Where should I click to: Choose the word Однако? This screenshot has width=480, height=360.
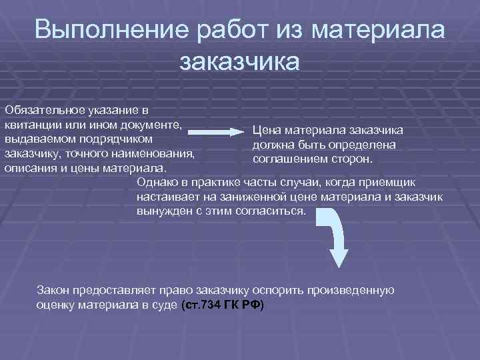click(x=157, y=182)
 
